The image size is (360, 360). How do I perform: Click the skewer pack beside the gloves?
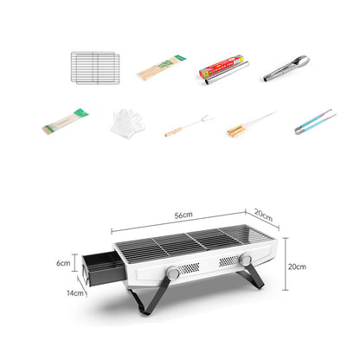pos(64,122)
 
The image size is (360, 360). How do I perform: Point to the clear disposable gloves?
pos(126,123)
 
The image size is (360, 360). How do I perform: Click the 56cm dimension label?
pos(183,214)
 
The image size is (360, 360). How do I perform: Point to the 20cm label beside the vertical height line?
pos(297,267)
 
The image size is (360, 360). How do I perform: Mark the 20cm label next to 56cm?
pos(262,217)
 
